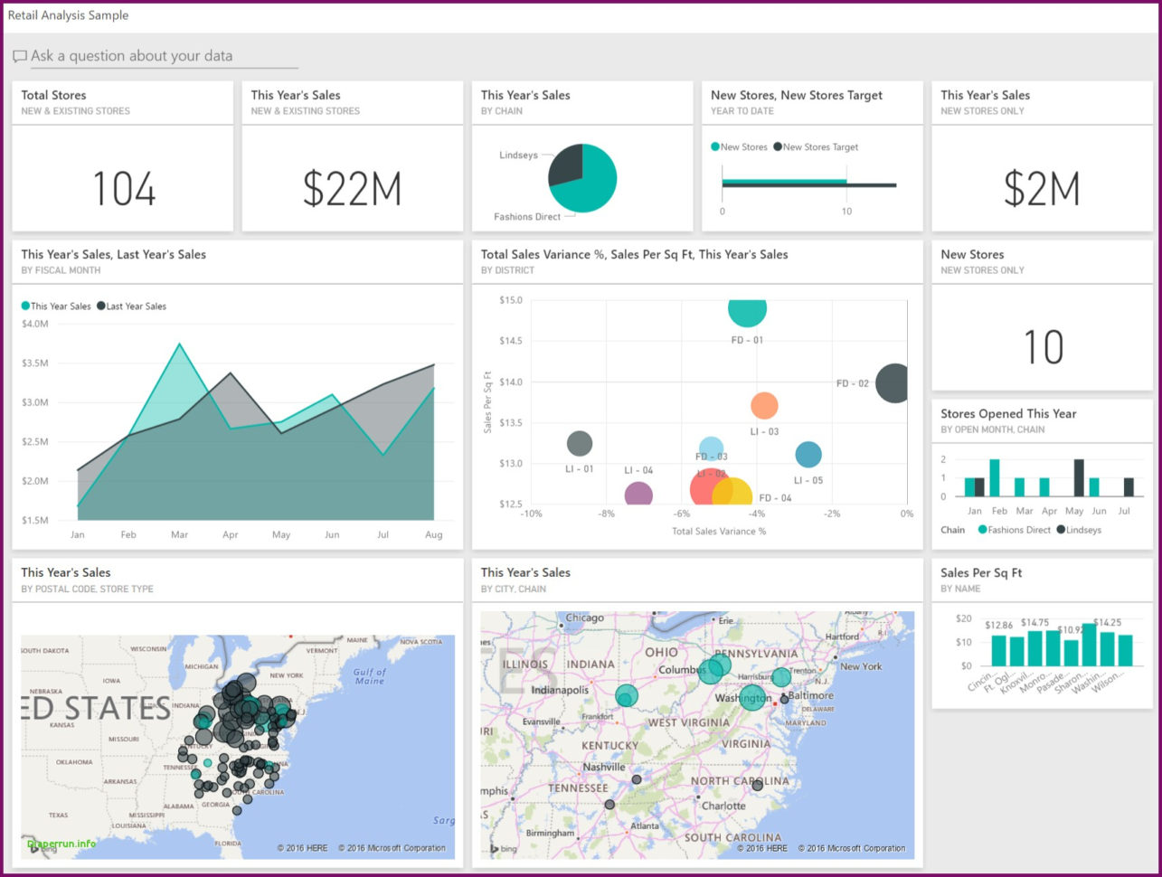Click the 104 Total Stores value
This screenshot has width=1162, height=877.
tap(124, 189)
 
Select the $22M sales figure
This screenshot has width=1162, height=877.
tap(352, 189)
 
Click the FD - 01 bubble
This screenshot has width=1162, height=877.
tap(747, 308)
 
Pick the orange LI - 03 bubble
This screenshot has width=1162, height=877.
tap(764, 406)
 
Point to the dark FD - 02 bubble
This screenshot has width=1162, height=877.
tap(893, 383)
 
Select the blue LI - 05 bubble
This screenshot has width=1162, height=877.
tap(808, 455)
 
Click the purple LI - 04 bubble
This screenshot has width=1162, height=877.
tap(638, 495)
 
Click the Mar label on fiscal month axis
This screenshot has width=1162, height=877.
tap(179, 534)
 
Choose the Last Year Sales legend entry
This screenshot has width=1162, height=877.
tap(132, 306)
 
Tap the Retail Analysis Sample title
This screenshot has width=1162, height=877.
tap(68, 15)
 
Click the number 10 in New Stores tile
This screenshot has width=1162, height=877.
tap(1043, 347)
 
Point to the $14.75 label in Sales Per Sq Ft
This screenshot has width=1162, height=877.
tap(1034, 623)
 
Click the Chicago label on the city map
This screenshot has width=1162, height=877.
tap(584, 618)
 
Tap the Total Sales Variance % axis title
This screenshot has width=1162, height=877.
tap(719, 532)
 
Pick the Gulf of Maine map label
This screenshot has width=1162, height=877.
tap(369, 676)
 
